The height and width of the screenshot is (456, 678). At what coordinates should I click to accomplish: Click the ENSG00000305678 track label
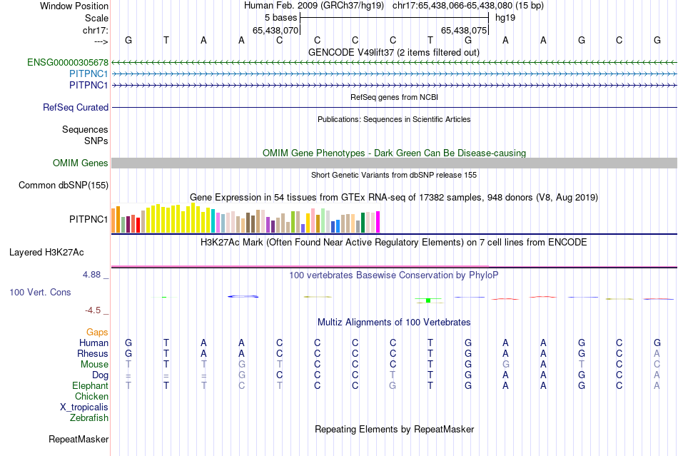[x=68, y=63]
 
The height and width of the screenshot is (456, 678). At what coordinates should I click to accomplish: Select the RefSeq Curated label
[x=76, y=108]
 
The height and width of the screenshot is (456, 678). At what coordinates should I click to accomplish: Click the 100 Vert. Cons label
[x=40, y=293]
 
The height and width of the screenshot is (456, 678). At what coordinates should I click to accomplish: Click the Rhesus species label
[x=93, y=353]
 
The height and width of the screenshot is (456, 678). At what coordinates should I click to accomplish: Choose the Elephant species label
[x=90, y=385]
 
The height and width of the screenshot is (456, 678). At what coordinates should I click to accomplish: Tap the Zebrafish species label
[x=89, y=417]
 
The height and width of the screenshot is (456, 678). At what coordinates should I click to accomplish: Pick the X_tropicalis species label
[x=84, y=407]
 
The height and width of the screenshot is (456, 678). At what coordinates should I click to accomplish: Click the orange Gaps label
[x=97, y=332]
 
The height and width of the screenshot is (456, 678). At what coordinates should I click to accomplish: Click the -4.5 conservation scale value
[x=93, y=310]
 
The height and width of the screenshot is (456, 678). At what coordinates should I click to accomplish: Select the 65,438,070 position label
[x=275, y=31]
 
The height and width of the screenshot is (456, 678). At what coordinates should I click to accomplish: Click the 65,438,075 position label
[x=464, y=31]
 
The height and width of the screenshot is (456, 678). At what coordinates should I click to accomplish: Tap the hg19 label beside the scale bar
[x=505, y=17]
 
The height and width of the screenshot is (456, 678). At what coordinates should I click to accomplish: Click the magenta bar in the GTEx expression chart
[x=378, y=222]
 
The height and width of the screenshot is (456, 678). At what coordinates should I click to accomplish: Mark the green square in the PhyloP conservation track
[x=427, y=300]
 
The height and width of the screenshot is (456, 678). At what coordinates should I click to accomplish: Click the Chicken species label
[x=91, y=396]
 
